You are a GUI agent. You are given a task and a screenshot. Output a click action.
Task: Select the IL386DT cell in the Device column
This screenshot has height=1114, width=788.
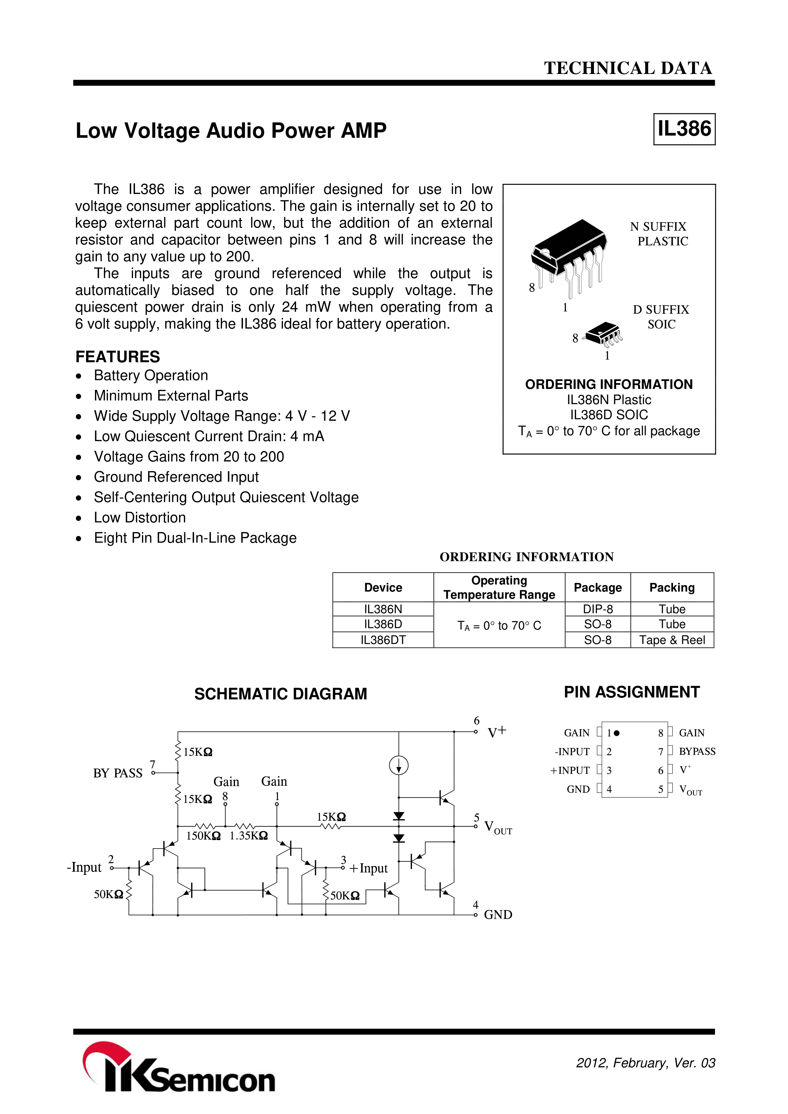pyautogui.click(x=383, y=640)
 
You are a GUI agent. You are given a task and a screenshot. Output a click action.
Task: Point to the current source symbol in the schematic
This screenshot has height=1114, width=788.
pyautogui.click(x=399, y=766)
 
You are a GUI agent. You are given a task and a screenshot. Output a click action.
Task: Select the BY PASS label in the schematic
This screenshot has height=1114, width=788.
pyautogui.click(x=118, y=773)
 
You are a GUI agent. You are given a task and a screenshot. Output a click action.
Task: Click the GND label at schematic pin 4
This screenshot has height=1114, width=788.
pyautogui.click(x=498, y=915)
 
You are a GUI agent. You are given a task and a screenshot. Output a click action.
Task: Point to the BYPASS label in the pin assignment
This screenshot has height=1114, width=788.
pyautogui.click(x=697, y=751)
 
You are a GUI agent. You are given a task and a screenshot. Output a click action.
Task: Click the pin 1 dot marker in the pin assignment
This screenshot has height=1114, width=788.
pyautogui.click(x=616, y=733)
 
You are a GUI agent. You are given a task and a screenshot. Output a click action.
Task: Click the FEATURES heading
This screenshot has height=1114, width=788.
pyautogui.click(x=118, y=357)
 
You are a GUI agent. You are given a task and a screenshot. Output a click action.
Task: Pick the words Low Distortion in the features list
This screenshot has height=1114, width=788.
pyautogui.click(x=140, y=518)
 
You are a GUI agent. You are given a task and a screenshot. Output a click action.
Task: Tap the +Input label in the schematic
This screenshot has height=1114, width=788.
pyautogui.click(x=368, y=868)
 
